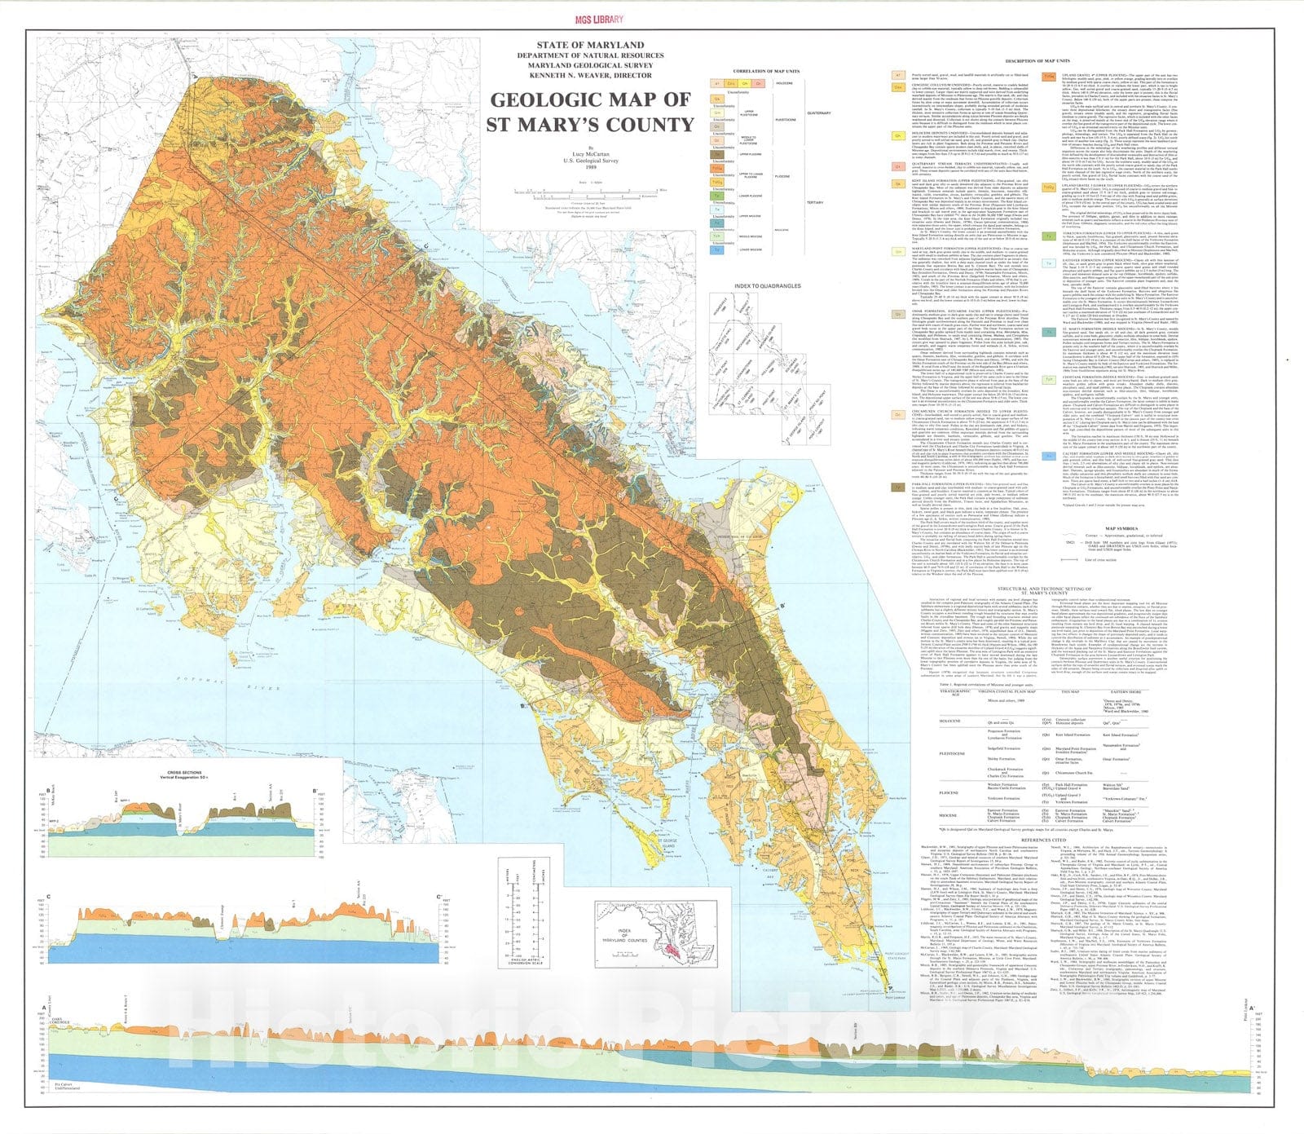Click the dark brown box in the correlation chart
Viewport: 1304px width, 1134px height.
pos(719,153)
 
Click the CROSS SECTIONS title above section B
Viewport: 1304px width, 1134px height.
pos(181,770)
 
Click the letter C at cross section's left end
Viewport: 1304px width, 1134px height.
pos(51,899)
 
